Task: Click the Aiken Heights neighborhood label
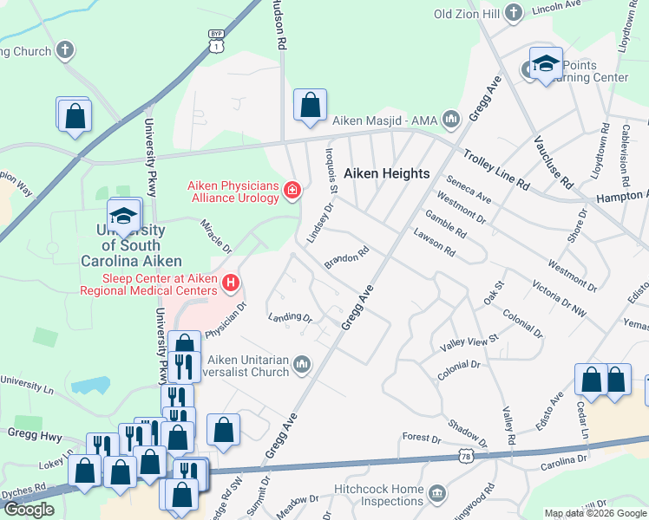(x=387, y=173)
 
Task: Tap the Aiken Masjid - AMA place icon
(x=450, y=119)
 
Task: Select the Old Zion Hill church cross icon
(x=514, y=12)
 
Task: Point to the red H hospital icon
(x=230, y=282)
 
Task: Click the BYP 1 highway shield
(x=215, y=42)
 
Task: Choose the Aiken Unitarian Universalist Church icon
(x=301, y=363)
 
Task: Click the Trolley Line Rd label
(x=496, y=170)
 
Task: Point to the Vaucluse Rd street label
(x=554, y=163)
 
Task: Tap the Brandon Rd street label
(x=347, y=257)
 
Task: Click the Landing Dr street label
(x=290, y=317)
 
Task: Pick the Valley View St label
(x=470, y=341)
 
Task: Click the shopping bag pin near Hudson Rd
(x=310, y=105)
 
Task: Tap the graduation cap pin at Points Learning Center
(x=545, y=63)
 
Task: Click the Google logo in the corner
(x=29, y=510)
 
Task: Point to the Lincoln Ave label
(x=555, y=6)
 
